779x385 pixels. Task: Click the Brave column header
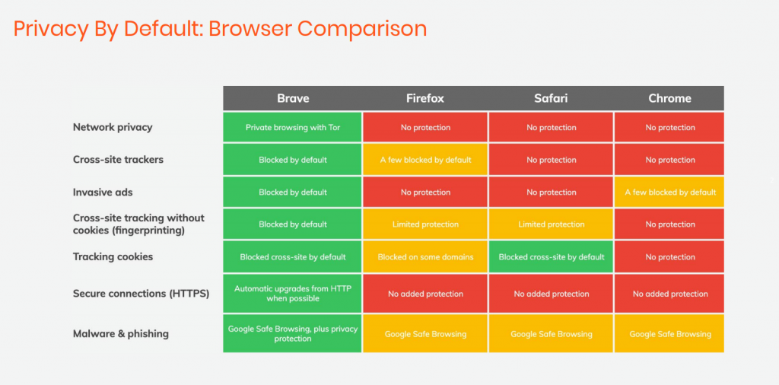pyautogui.click(x=293, y=98)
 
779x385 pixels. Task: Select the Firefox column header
pyautogui.click(x=425, y=98)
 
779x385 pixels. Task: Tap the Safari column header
pyautogui.click(x=552, y=98)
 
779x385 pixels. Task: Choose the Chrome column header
pyautogui.click(x=669, y=98)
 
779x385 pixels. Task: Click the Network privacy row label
pyautogui.click(x=113, y=127)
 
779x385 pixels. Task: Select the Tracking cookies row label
pyautogui.click(x=113, y=256)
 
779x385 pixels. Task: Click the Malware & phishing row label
pyautogui.click(x=121, y=333)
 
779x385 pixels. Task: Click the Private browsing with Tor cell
pyautogui.click(x=293, y=127)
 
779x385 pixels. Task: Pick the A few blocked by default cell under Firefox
pyautogui.click(x=425, y=160)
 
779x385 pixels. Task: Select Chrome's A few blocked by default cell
pyautogui.click(x=669, y=192)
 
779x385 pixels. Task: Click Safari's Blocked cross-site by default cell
pyautogui.click(x=552, y=256)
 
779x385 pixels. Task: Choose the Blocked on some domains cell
pyautogui.click(x=425, y=256)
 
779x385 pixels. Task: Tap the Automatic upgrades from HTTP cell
pyautogui.click(x=293, y=294)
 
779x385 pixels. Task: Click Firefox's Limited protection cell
pyautogui.click(x=425, y=224)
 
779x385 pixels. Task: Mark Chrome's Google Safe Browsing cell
pyautogui.click(x=669, y=334)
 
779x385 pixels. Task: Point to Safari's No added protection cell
pyautogui.click(x=552, y=294)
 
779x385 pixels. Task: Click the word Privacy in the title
pyautogui.click(x=45, y=29)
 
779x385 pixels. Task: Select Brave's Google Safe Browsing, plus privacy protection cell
pyautogui.click(x=293, y=334)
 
